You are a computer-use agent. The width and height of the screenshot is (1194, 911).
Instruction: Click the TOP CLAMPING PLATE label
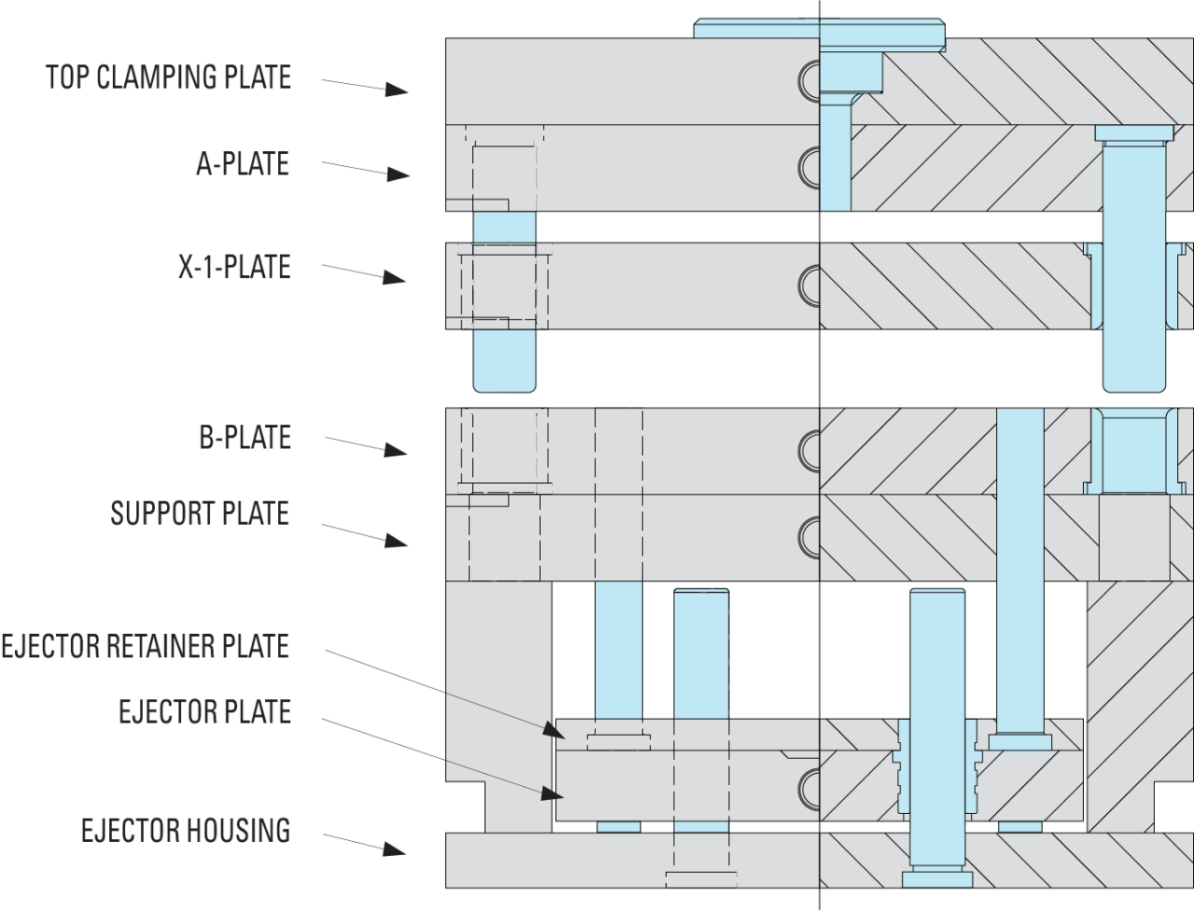click(168, 76)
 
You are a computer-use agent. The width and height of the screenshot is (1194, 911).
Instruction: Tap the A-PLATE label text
click(243, 164)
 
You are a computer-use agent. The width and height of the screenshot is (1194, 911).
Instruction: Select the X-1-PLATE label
click(234, 268)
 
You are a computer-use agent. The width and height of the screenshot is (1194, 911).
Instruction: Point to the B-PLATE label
click(244, 437)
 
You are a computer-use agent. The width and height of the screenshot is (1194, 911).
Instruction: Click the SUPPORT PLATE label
click(200, 513)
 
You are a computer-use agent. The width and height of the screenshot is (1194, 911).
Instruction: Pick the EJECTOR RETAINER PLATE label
click(145, 645)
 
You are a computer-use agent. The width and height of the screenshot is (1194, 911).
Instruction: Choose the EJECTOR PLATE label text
click(204, 711)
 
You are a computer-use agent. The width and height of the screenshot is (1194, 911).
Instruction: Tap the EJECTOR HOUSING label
click(186, 829)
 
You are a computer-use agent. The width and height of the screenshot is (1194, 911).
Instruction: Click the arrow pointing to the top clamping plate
click(365, 86)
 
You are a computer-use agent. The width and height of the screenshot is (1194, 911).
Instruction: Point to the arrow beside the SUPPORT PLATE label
click(365, 533)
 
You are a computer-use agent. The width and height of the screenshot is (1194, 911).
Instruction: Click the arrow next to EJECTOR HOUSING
click(365, 843)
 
